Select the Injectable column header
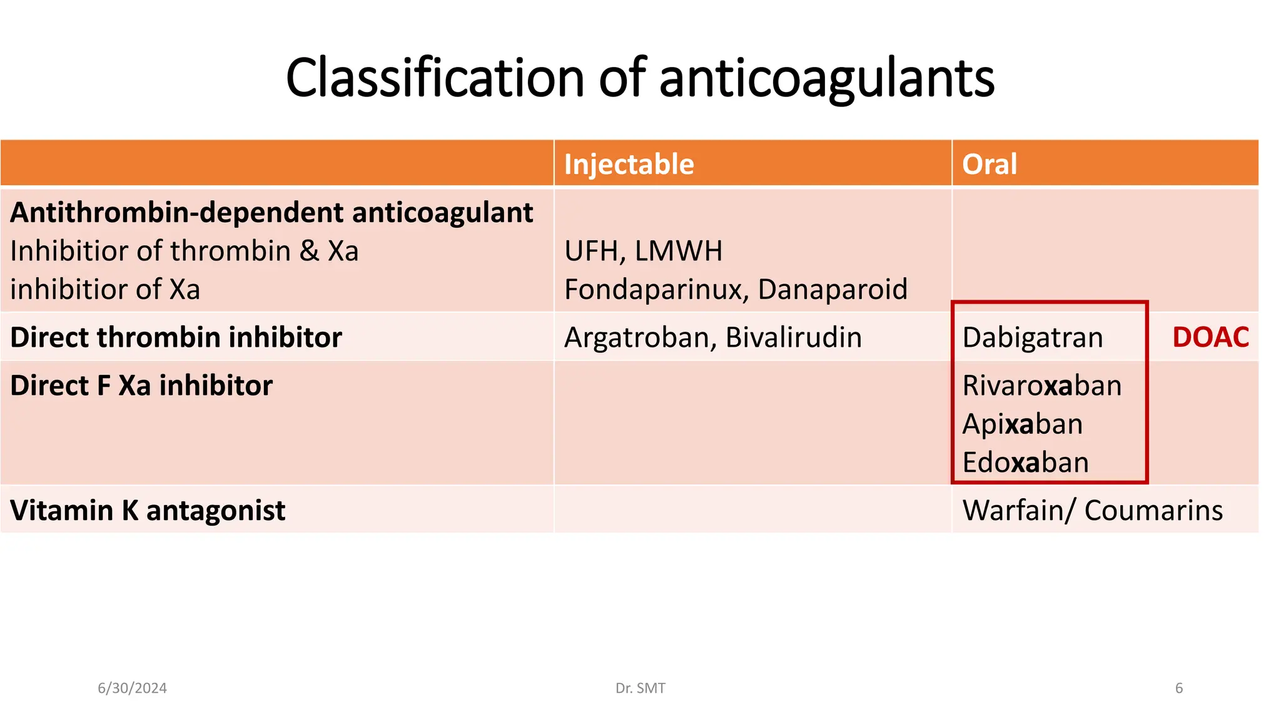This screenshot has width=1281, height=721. pyautogui.click(x=629, y=164)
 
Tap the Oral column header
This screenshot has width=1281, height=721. pyautogui.click(x=989, y=164)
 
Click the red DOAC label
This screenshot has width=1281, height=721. pyautogui.click(x=1210, y=337)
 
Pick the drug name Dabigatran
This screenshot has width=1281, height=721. pyautogui.click(x=1033, y=337)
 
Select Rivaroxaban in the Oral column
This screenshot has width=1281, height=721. pyautogui.click(x=1042, y=386)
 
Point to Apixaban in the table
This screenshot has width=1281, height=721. pyautogui.click(x=1023, y=424)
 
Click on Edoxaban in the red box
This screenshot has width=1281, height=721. pyautogui.click(x=1026, y=463)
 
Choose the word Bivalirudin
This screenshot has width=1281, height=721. pyautogui.click(x=794, y=337)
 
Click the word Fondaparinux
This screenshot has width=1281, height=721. pyautogui.click(x=657, y=289)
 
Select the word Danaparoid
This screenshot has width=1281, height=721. pyautogui.click(x=833, y=289)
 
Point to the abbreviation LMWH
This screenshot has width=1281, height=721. pyautogui.click(x=679, y=251)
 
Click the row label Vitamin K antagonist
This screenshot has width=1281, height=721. pyautogui.click(x=148, y=511)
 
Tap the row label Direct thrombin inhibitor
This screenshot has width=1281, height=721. pyautogui.click(x=176, y=337)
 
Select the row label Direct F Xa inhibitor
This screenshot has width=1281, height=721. pyautogui.click(x=141, y=386)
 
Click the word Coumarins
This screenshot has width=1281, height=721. pyautogui.click(x=1153, y=511)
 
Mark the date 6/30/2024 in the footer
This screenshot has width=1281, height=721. pyautogui.click(x=132, y=688)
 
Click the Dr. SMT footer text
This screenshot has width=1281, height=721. pyautogui.click(x=640, y=688)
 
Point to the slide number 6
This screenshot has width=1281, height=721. pyautogui.click(x=1179, y=688)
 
